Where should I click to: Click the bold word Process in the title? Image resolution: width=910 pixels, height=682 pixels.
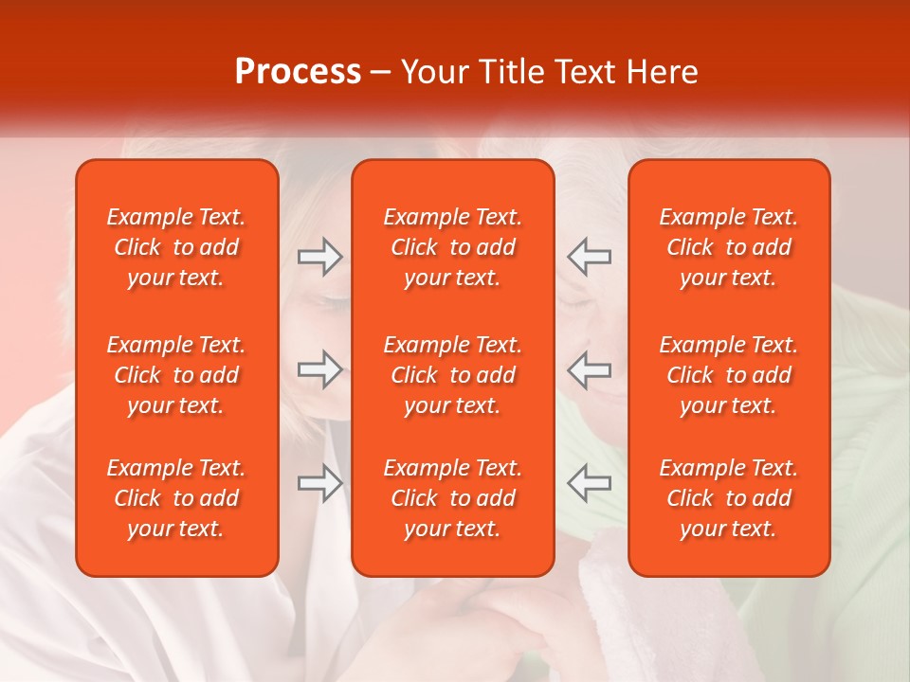pos(298,72)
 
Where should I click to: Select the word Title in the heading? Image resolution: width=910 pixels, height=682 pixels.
pos(511,72)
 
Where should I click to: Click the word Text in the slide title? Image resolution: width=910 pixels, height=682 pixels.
pos(583,72)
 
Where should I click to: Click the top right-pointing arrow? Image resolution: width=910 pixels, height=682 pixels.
pos(319,257)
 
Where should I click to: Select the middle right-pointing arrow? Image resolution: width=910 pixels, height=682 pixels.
pos(319,368)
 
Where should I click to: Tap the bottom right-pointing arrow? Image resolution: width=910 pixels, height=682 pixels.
pos(319,482)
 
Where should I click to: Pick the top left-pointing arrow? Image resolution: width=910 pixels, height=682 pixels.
pos(589,257)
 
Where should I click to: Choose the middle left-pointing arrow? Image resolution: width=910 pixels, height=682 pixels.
pos(589,368)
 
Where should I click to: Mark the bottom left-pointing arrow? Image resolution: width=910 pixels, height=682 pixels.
pos(589,482)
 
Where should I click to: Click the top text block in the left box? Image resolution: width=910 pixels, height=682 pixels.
pos(176,247)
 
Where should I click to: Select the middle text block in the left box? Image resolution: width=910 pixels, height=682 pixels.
pos(176,375)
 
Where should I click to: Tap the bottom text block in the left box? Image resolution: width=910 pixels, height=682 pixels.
pos(176,498)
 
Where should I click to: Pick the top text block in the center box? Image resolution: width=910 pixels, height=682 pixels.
pos(452,247)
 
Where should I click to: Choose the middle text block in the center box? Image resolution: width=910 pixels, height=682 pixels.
pos(452,375)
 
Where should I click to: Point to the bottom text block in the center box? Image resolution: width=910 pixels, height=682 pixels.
pos(452,498)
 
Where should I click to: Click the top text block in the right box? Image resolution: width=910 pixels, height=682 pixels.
pos(728,247)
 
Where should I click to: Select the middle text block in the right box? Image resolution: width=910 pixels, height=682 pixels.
pos(728,375)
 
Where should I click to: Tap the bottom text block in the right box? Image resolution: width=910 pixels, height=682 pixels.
pos(728,498)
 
